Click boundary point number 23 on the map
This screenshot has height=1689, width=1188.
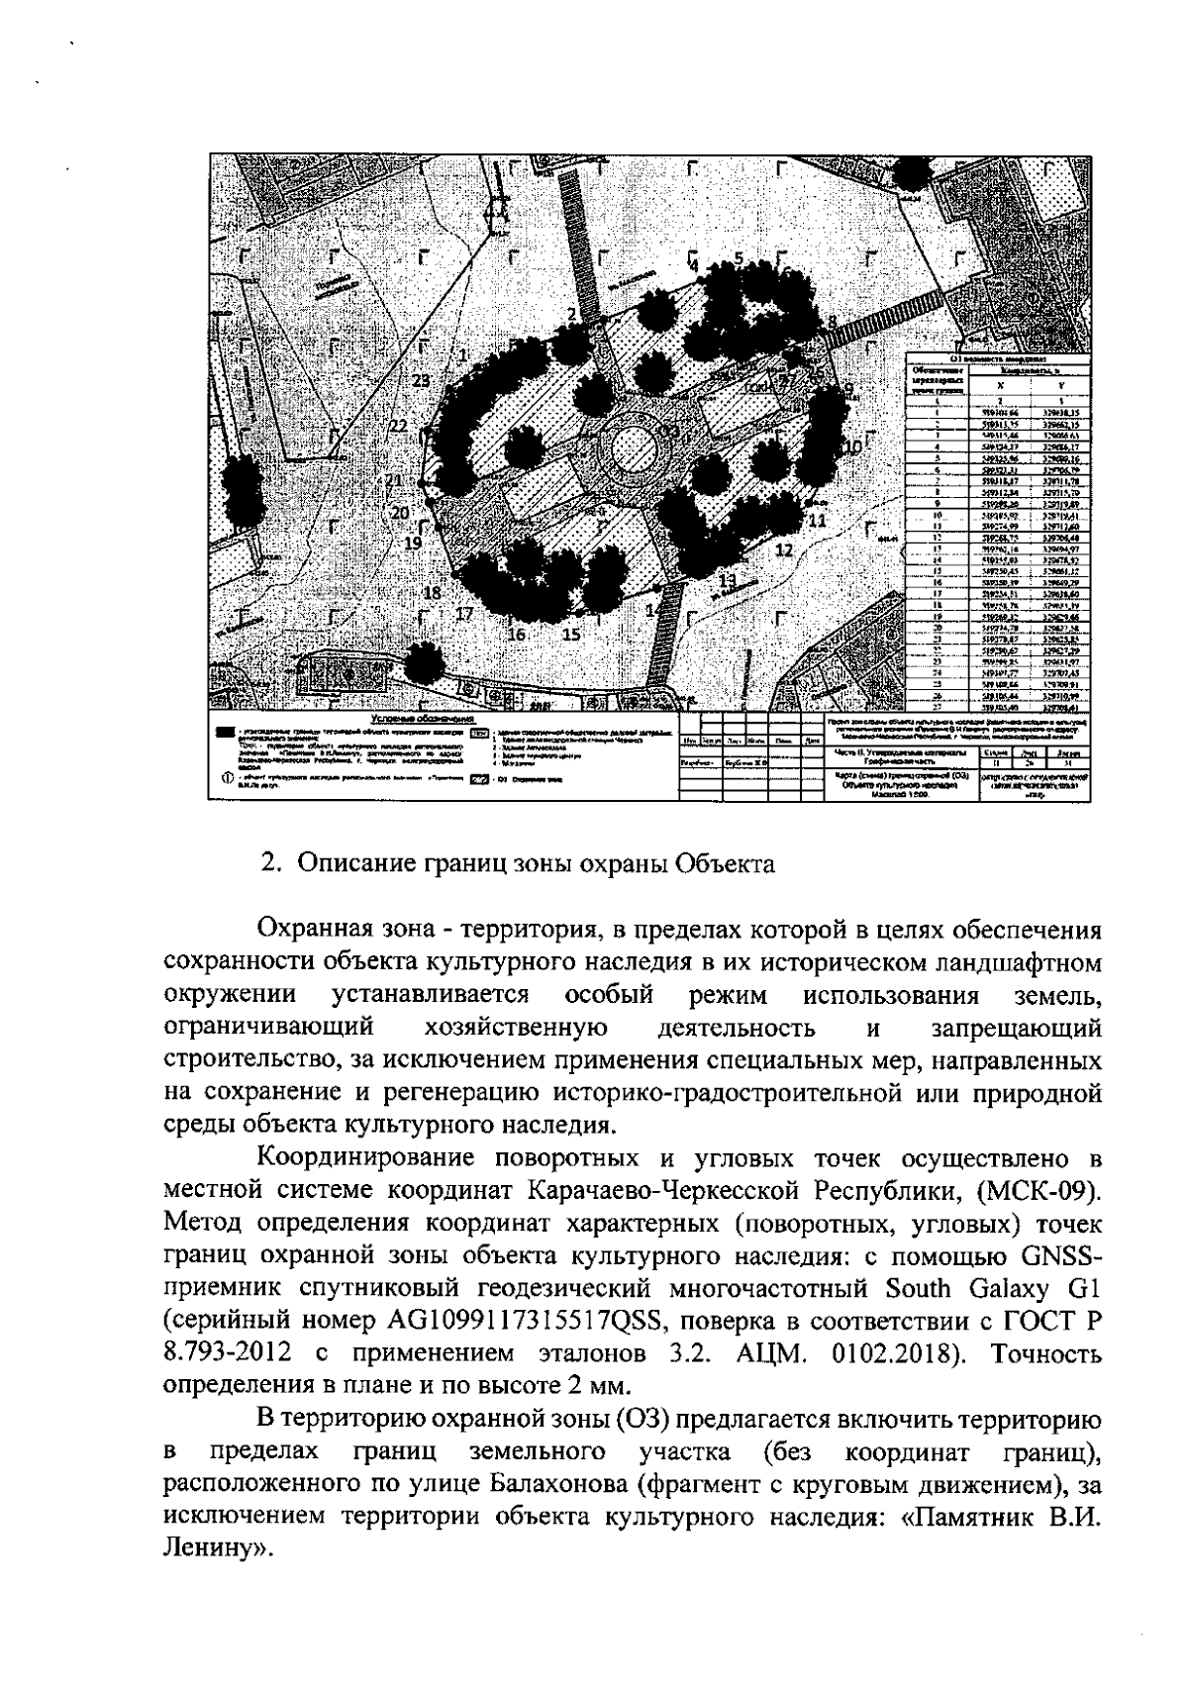(x=420, y=381)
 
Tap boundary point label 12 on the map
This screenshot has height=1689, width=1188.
(x=784, y=550)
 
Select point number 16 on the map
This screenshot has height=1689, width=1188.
(x=516, y=635)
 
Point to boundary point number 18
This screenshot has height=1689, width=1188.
(x=432, y=593)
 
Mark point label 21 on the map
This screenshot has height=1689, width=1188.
(x=394, y=481)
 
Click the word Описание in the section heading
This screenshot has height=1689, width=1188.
(x=353, y=862)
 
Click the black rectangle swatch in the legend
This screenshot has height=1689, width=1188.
(x=227, y=733)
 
